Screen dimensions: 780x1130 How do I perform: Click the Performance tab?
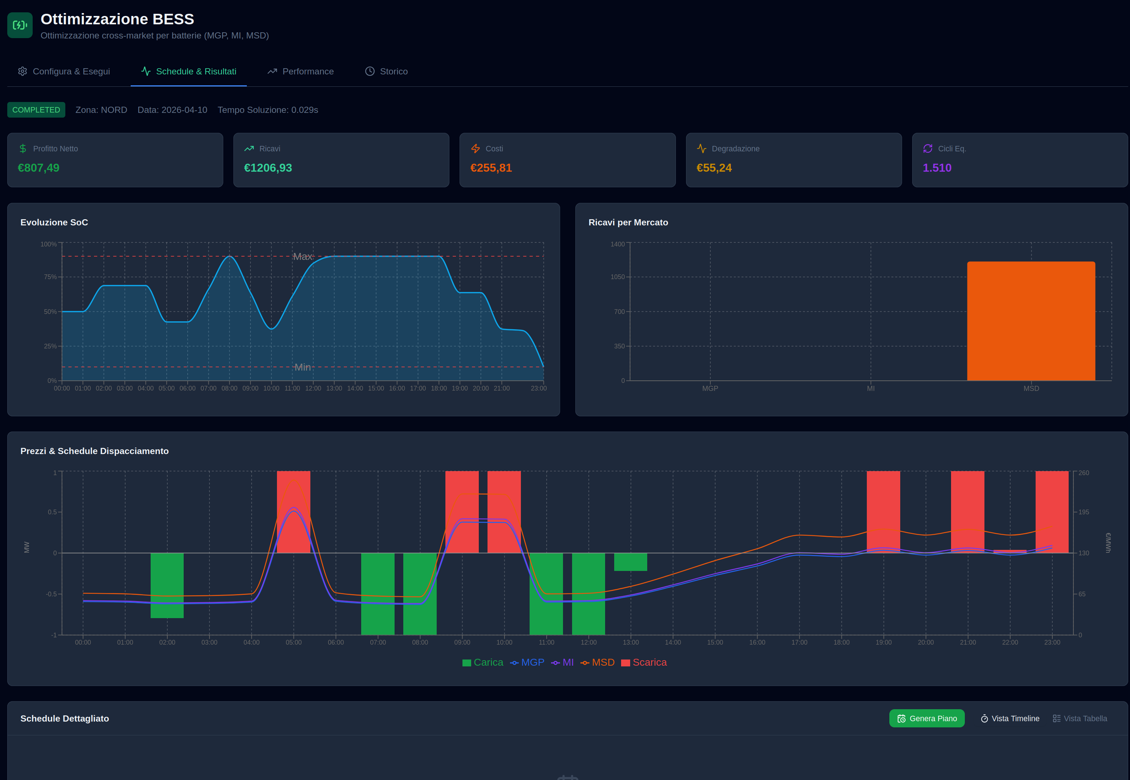(300, 72)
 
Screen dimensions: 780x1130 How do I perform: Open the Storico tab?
(386, 72)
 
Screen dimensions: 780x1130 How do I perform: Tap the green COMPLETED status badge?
(36, 110)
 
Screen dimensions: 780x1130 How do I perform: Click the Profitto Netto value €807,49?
(38, 168)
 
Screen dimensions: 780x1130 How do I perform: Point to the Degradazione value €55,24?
(714, 168)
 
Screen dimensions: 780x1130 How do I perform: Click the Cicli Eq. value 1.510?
(937, 168)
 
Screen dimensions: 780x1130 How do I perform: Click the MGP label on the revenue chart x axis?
(710, 388)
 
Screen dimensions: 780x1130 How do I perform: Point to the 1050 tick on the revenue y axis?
(617, 277)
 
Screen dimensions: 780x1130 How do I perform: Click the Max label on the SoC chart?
(302, 257)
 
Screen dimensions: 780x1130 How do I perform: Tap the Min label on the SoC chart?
(302, 367)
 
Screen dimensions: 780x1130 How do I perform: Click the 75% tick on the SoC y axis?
(50, 277)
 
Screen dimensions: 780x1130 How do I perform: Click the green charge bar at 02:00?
(167, 585)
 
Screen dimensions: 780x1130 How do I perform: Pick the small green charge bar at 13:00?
(631, 561)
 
